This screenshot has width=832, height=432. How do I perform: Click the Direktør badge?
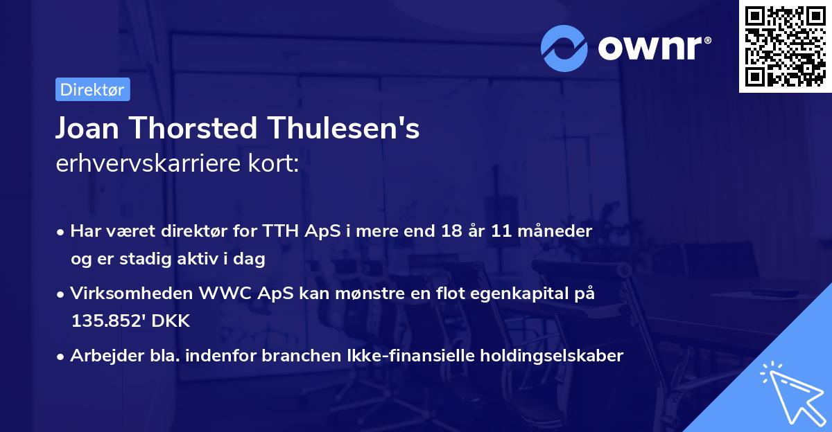click(92, 89)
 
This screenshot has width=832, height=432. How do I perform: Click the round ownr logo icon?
click(565, 48)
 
